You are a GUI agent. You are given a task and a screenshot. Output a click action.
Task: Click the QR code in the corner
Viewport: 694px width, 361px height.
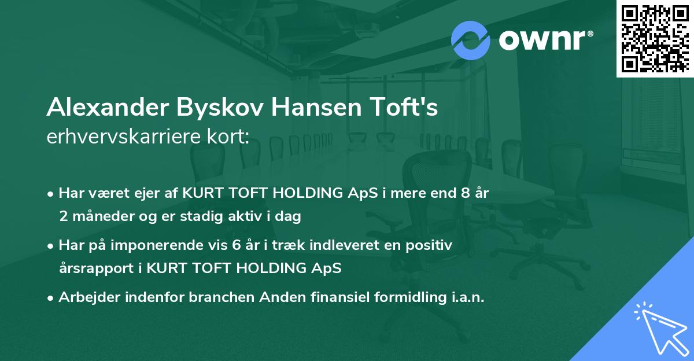click(655, 39)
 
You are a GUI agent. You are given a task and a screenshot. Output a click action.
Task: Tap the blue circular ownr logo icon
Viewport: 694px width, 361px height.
click(471, 40)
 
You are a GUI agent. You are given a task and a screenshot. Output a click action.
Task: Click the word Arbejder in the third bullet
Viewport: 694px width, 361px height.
click(86, 298)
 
